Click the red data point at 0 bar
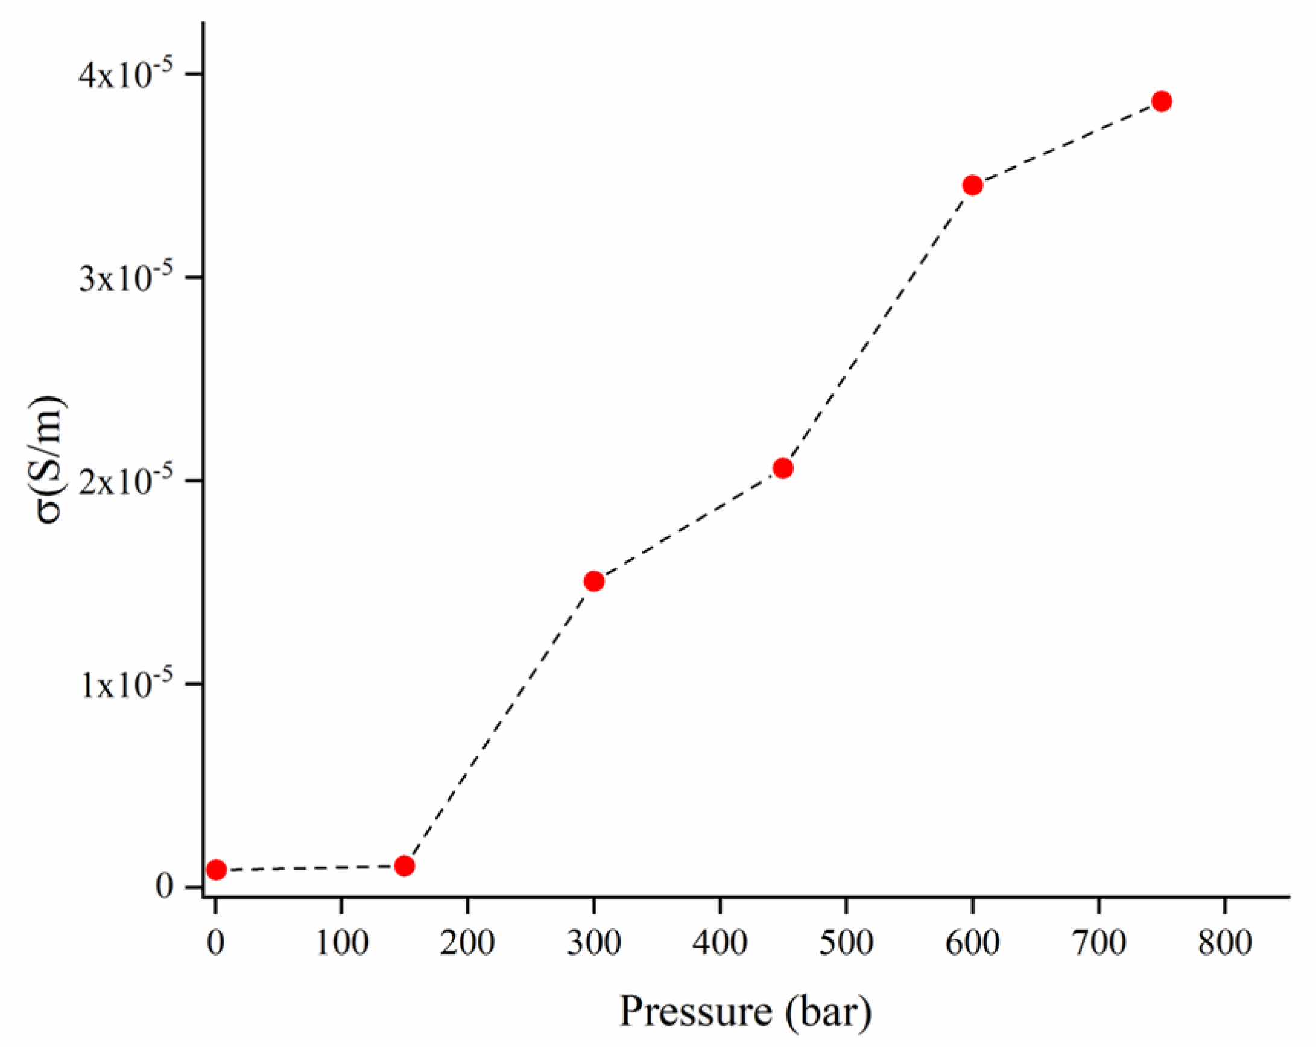click(x=216, y=869)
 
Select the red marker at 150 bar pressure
click(x=404, y=866)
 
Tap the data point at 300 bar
click(x=594, y=582)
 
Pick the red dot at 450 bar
click(x=782, y=468)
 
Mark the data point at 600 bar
click(x=972, y=185)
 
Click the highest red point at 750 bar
click(x=1162, y=101)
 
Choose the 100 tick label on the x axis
click(x=342, y=943)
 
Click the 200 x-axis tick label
click(x=467, y=943)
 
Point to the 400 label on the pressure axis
click(x=720, y=943)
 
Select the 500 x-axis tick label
click(x=846, y=943)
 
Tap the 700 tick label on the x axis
click(x=1099, y=943)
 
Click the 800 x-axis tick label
click(x=1224, y=943)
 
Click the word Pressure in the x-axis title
click(x=696, y=1012)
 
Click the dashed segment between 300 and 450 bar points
click(x=689, y=525)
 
